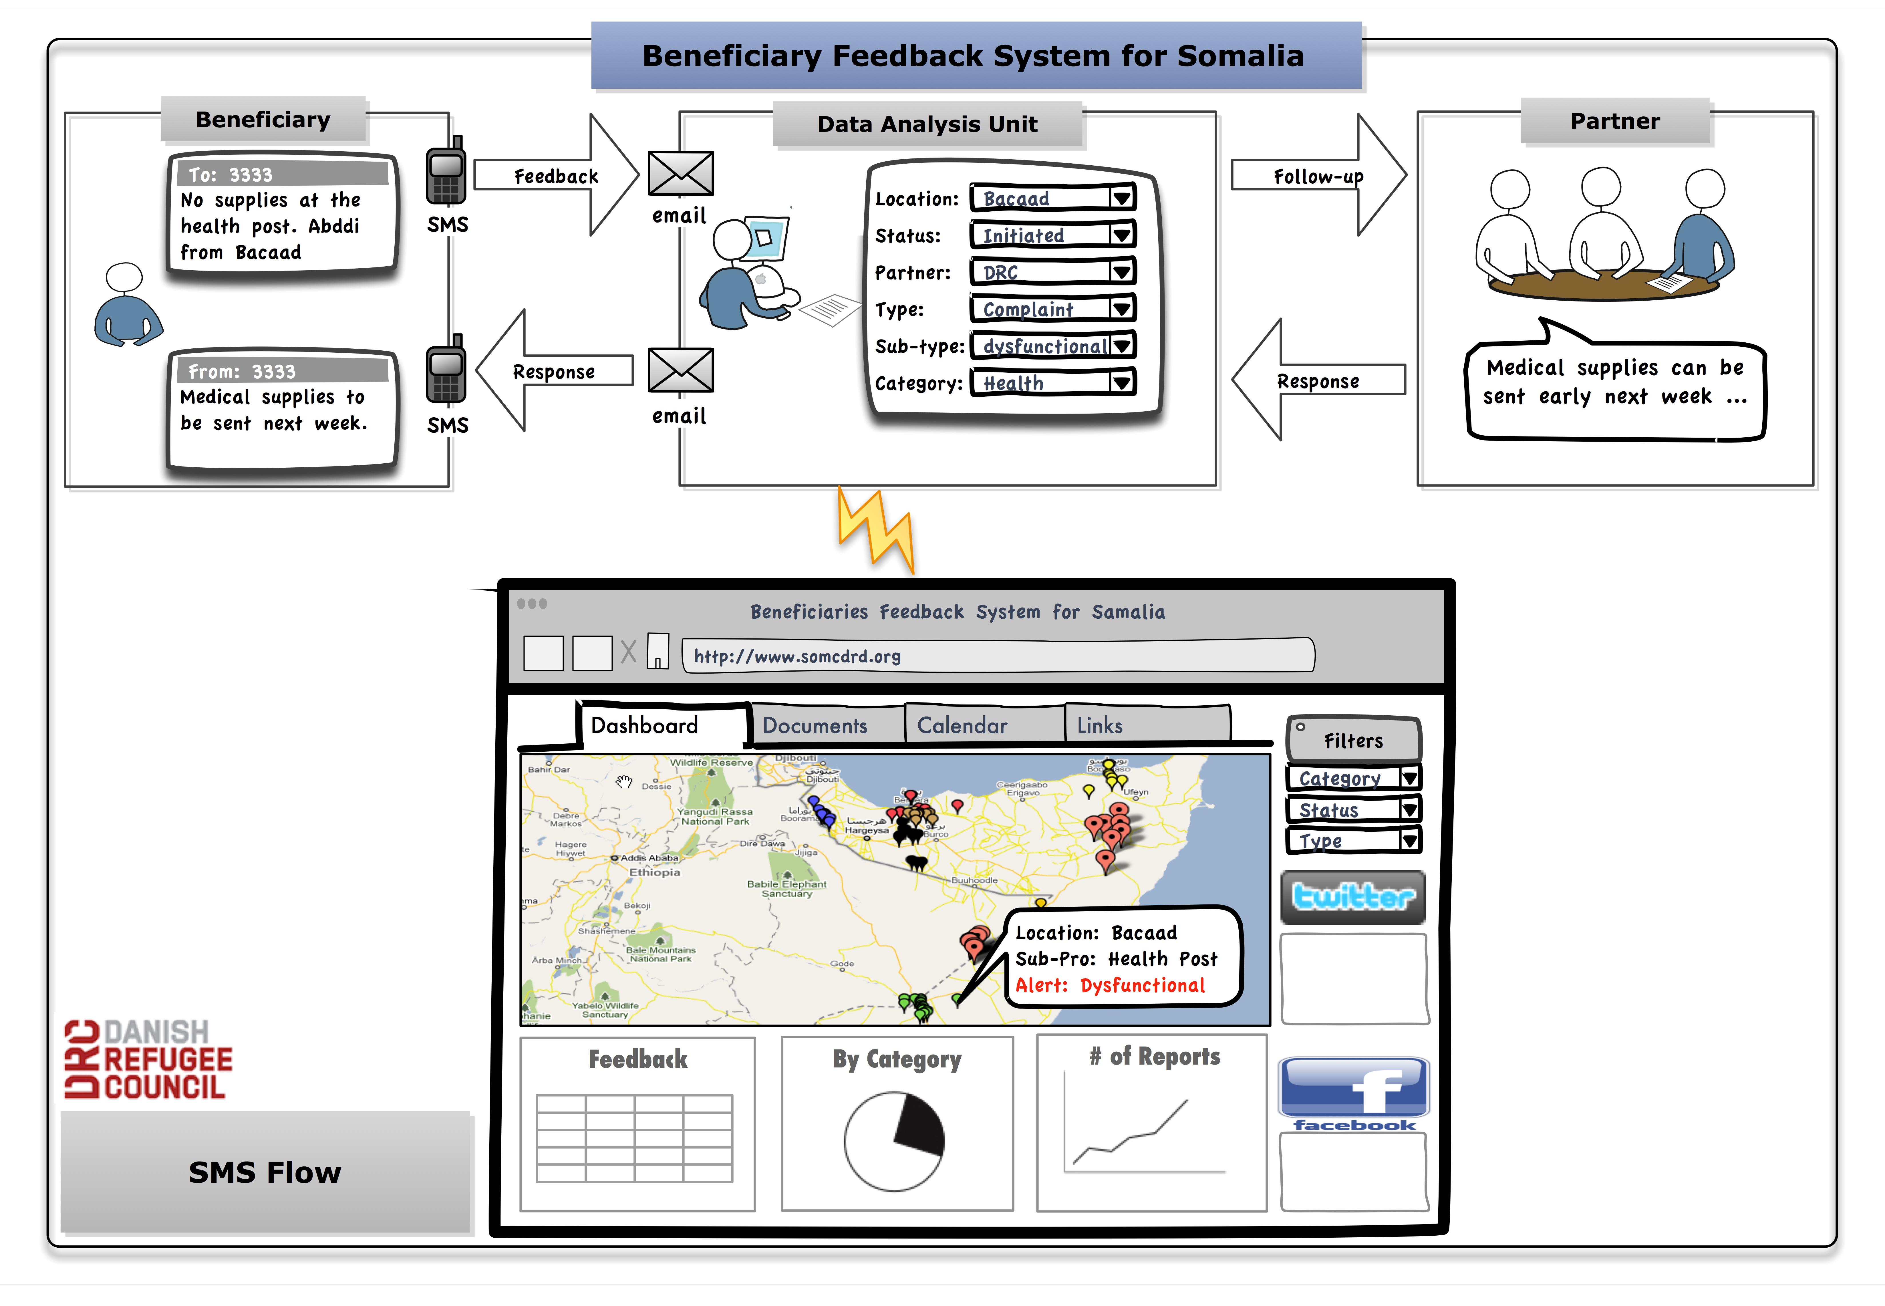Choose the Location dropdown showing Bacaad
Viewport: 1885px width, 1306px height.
(1052, 198)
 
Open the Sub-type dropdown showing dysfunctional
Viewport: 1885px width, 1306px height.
(1052, 346)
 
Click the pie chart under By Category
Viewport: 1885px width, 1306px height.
(894, 1140)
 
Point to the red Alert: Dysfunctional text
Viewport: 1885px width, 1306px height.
(1110, 985)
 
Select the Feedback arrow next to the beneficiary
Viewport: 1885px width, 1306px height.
(556, 176)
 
